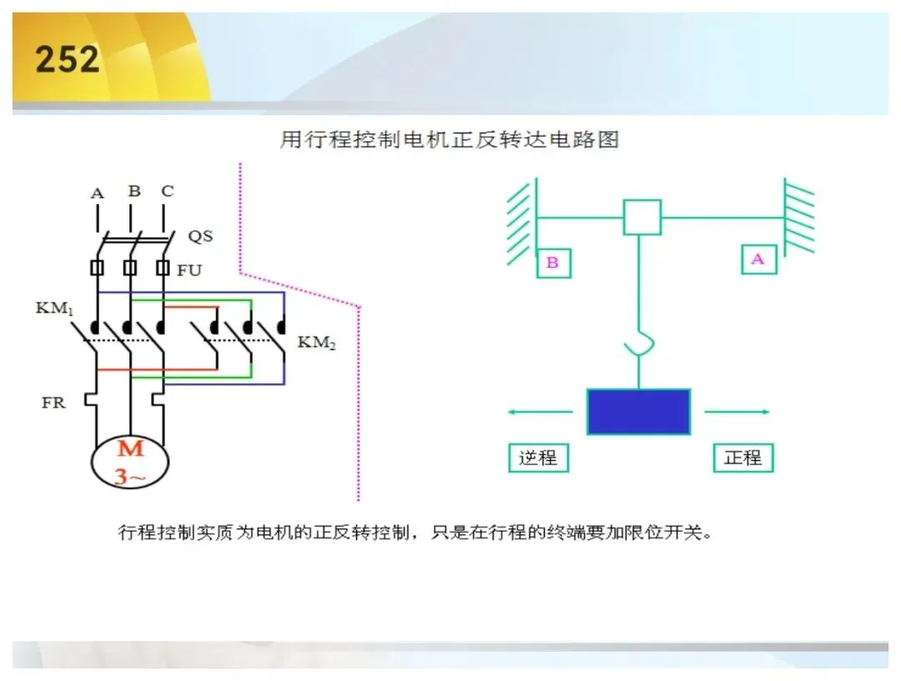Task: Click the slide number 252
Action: pos(68,59)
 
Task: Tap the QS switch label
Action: pos(200,236)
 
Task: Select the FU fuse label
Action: pos(189,270)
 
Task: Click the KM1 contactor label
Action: pos(54,308)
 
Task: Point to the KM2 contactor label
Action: pos(317,343)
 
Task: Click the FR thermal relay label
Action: pos(53,403)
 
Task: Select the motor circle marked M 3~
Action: pos(130,462)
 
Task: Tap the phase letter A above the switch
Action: pos(97,193)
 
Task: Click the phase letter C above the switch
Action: pos(167,191)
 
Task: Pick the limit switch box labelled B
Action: pos(553,263)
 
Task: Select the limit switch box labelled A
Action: pos(759,259)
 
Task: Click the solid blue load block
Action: pos(638,412)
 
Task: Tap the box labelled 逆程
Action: pos(538,458)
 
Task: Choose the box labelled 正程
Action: pos(743,458)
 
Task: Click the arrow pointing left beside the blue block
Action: pos(540,412)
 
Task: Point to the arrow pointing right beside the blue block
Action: pos(737,412)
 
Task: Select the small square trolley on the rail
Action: pos(642,217)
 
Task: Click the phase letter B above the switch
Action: pos(134,191)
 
